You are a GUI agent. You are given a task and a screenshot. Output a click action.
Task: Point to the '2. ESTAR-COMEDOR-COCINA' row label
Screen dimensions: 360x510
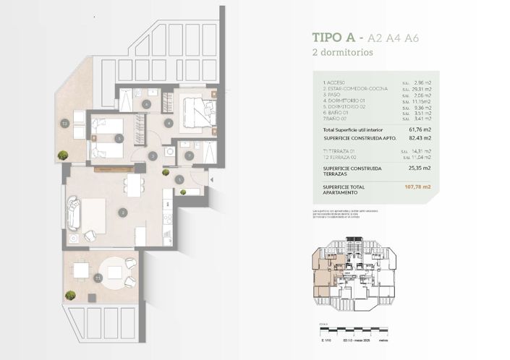(x=355, y=88)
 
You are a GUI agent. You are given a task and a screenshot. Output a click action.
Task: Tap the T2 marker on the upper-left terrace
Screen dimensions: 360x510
(x=64, y=123)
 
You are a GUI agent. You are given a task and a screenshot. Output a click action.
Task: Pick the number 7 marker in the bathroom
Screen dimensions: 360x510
(x=189, y=155)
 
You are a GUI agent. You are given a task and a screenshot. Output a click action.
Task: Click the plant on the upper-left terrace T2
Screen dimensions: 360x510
(x=63, y=155)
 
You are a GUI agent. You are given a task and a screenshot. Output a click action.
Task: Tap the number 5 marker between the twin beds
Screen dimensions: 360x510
(x=119, y=138)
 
